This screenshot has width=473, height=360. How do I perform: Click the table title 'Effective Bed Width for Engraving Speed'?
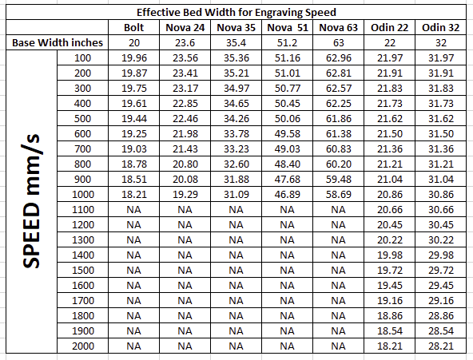tap(236, 12)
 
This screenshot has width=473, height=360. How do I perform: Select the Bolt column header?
tap(134, 27)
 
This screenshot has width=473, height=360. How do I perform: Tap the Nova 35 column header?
tap(236, 27)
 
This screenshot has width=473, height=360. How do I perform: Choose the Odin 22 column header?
tap(389, 27)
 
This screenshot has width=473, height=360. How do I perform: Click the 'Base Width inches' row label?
tap(58, 42)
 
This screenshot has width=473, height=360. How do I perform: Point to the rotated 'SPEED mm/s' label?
tap(31, 201)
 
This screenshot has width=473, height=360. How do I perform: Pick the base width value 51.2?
tap(287, 43)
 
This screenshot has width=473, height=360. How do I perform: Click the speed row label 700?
tap(82, 148)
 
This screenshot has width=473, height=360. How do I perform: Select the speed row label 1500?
tap(82, 271)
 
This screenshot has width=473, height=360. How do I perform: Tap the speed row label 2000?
tap(82, 346)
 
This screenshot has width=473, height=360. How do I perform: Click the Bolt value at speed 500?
tap(134, 118)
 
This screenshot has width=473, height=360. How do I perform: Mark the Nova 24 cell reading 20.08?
tap(185, 180)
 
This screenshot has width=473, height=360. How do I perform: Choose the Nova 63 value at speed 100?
tap(339, 57)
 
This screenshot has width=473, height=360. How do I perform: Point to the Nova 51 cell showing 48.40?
tap(287, 164)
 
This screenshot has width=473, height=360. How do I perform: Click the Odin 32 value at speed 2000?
tap(441, 346)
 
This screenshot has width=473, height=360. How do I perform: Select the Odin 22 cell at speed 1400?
tap(389, 255)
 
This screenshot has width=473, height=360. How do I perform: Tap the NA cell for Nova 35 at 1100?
tap(236, 210)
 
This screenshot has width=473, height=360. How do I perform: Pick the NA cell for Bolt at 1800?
tap(134, 316)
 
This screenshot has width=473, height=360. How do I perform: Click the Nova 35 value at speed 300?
tap(236, 89)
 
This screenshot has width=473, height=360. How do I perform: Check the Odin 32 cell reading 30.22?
tap(441, 239)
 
